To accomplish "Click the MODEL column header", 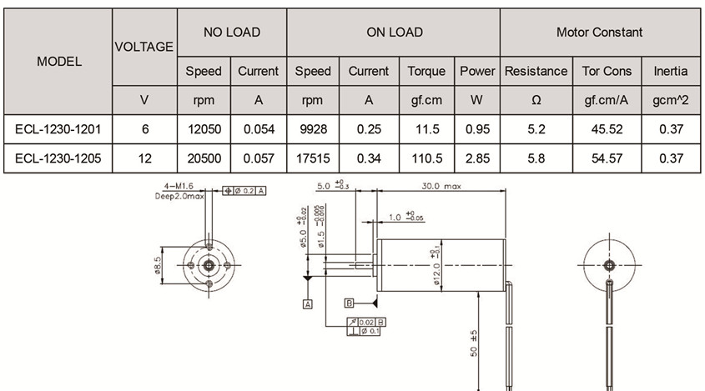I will (59, 62).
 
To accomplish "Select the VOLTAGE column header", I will (144, 47).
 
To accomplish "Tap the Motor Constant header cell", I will (599, 33).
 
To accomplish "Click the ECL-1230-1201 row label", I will (59, 129).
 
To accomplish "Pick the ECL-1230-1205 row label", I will (59, 158).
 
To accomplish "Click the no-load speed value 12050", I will (204, 129).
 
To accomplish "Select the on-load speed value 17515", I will (313, 158).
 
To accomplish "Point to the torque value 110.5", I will (426, 158).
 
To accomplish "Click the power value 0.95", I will (477, 129).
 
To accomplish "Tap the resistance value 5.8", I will (536, 158).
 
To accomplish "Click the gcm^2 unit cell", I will (671, 100).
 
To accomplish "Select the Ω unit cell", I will (536, 100).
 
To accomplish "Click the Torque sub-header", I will (426, 71).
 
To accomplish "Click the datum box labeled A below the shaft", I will (308, 305).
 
